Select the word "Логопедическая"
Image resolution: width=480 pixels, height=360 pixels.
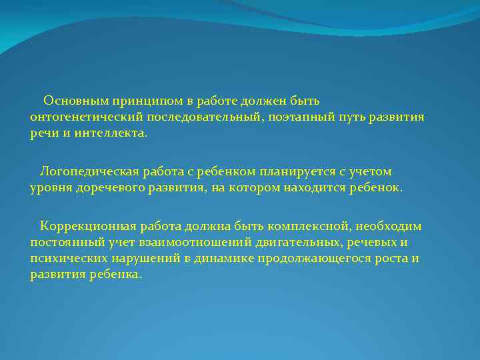pos(84,172)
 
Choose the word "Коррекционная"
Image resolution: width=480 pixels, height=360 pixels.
pos(83,227)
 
